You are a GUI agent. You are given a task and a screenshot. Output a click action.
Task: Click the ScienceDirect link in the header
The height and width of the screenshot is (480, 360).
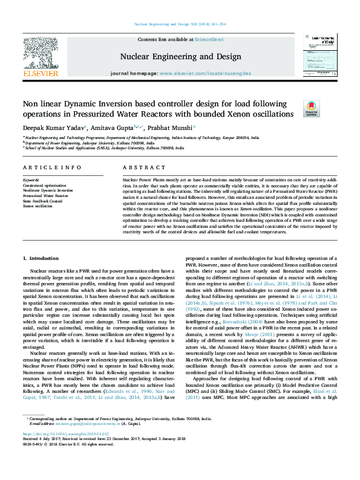point(209,39)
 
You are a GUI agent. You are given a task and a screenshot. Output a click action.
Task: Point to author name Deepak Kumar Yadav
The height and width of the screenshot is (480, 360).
point(54,128)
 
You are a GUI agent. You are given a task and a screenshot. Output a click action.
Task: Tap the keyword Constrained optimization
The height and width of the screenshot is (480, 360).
point(46,185)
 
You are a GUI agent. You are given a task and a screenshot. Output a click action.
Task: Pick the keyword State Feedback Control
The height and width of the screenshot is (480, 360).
point(44,201)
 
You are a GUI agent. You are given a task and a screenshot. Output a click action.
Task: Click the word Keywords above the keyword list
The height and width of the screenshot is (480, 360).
point(30,180)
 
